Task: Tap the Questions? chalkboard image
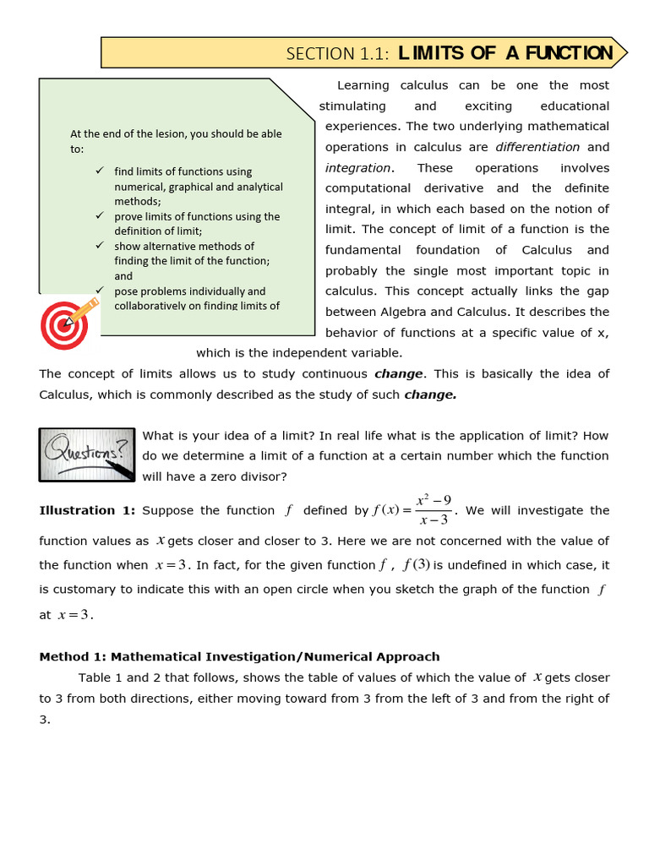click(x=87, y=454)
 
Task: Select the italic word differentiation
click(x=537, y=147)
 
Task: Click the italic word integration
click(x=358, y=168)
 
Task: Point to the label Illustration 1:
click(x=88, y=510)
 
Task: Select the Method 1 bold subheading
click(x=239, y=656)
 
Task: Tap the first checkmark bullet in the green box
click(x=101, y=171)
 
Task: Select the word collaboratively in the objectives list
click(x=155, y=306)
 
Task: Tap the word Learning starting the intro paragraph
click(x=363, y=85)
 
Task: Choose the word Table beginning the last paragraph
click(x=95, y=677)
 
